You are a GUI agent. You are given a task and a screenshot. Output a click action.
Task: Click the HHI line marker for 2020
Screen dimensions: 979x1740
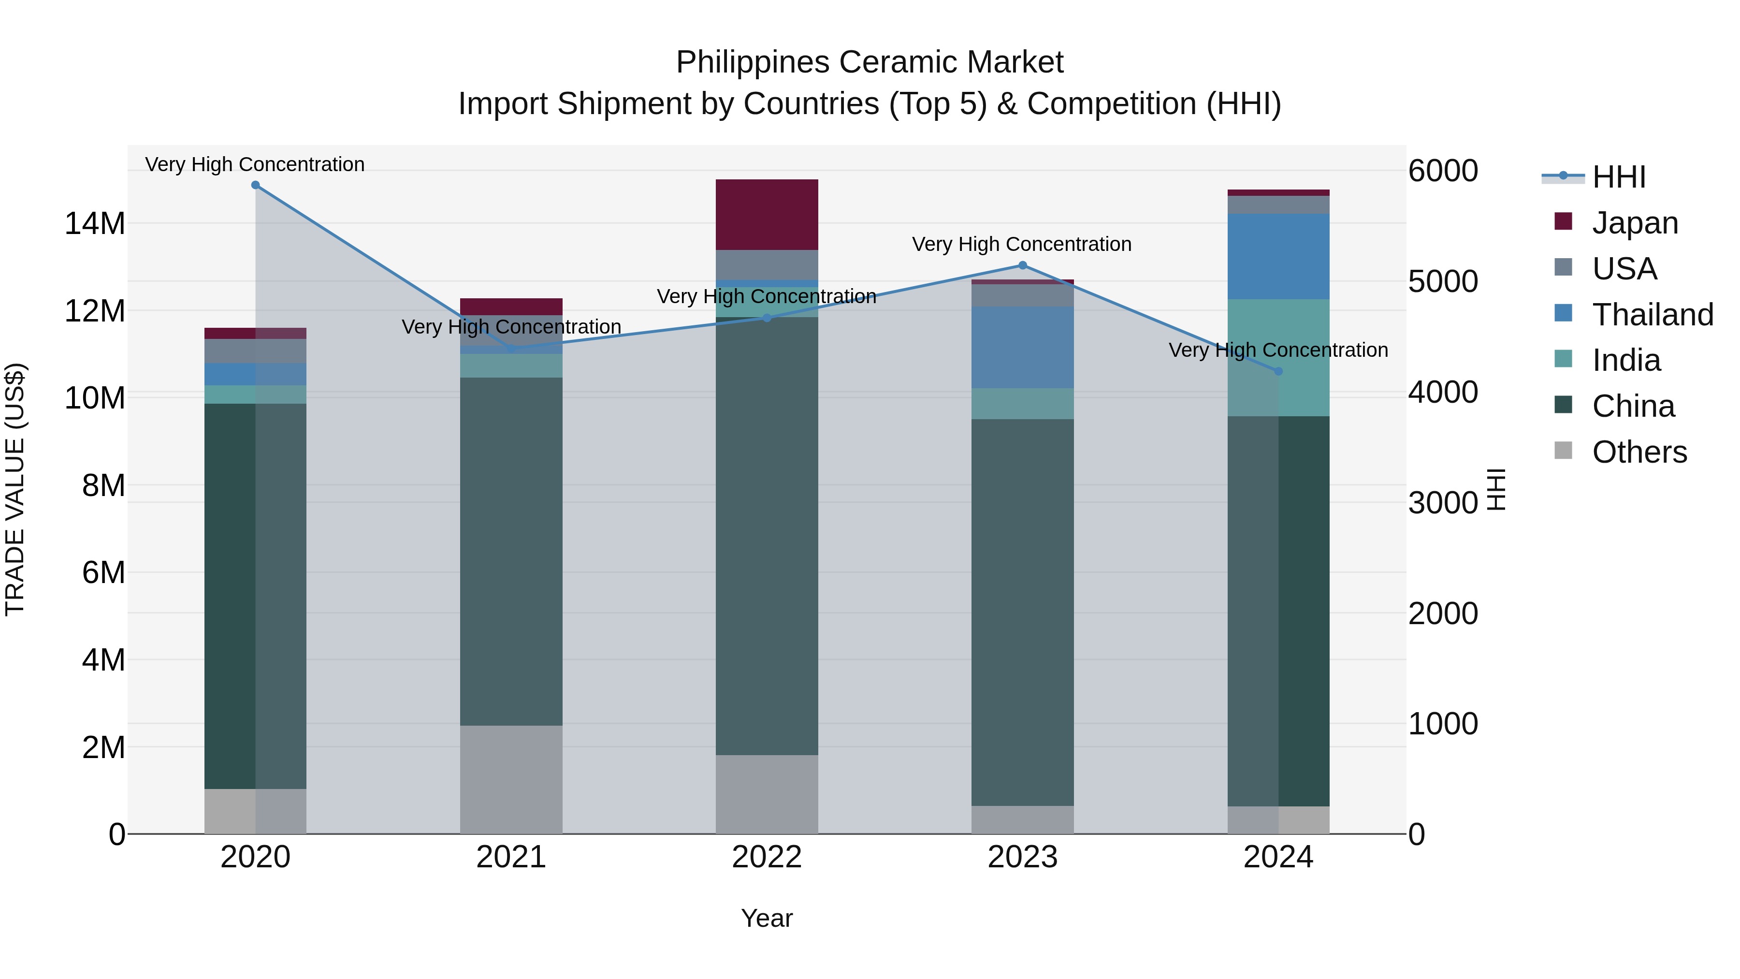pos(255,185)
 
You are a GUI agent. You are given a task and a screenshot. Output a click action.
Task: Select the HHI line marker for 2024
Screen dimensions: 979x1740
pos(1278,371)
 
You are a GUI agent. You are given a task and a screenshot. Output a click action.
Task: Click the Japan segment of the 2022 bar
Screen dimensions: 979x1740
pos(767,214)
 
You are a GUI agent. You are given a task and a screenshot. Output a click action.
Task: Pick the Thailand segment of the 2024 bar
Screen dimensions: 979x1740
pos(1278,256)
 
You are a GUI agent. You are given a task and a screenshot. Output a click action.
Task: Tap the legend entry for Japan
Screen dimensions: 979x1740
pos(1635,223)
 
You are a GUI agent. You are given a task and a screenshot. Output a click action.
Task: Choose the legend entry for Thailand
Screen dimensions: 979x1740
pos(1652,315)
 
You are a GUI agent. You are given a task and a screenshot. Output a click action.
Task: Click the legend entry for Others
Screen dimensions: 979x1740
pos(1639,452)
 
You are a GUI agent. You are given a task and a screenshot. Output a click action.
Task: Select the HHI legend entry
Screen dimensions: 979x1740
pos(1618,177)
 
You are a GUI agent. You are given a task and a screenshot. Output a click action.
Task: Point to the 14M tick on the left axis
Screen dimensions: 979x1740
pos(95,224)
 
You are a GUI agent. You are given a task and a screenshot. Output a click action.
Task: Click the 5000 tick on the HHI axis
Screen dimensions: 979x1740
pos(1443,282)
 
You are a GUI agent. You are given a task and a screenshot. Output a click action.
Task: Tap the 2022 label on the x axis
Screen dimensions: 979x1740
pos(767,857)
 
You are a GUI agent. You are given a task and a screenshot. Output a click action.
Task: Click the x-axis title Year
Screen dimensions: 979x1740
pos(767,918)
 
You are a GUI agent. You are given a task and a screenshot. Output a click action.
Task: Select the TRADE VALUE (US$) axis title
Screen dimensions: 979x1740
pos(15,489)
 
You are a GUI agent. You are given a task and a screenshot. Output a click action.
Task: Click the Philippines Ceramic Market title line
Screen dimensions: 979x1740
pos(870,62)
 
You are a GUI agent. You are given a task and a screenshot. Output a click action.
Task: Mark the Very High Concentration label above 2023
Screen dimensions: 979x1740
pos(1021,244)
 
